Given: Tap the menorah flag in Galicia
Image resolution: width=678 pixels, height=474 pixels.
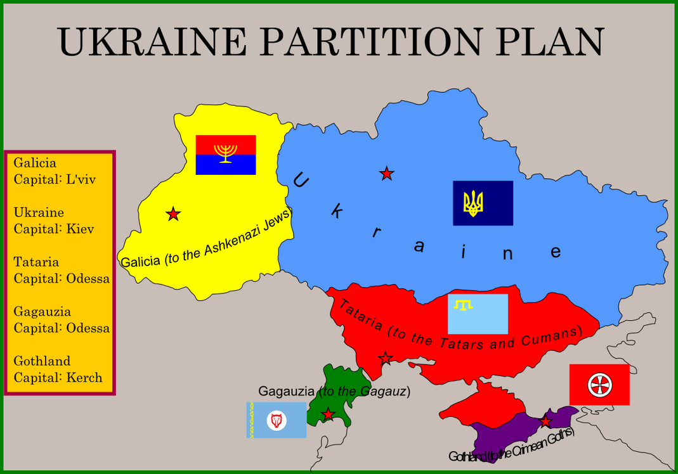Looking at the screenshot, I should click(225, 155).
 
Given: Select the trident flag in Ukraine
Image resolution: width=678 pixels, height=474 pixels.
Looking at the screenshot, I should click(483, 203).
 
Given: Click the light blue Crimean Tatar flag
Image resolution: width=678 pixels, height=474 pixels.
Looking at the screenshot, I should click(478, 314).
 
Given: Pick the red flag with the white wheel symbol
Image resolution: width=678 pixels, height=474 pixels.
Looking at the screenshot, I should click(599, 385).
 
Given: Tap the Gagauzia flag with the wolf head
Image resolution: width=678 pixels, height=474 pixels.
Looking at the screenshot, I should click(276, 420).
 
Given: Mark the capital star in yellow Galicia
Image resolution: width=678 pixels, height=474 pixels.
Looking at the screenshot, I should click(173, 214).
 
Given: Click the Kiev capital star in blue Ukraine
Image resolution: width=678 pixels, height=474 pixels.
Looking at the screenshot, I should click(386, 174).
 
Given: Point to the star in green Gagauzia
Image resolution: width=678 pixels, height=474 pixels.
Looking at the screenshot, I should click(328, 414).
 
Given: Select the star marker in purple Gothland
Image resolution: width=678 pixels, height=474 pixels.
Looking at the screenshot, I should click(545, 421).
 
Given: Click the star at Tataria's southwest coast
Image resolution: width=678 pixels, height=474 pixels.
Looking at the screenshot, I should click(385, 359).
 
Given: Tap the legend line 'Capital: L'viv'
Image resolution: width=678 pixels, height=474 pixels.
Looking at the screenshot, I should click(55, 179).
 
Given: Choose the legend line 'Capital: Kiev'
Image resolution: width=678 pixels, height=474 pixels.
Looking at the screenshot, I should click(54, 229).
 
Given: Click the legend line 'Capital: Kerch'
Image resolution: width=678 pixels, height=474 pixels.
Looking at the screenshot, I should click(58, 378).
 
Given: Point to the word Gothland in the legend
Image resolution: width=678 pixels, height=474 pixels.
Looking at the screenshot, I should click(42, 361).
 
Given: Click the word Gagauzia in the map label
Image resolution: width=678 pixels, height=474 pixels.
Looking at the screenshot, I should click(287, 391).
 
